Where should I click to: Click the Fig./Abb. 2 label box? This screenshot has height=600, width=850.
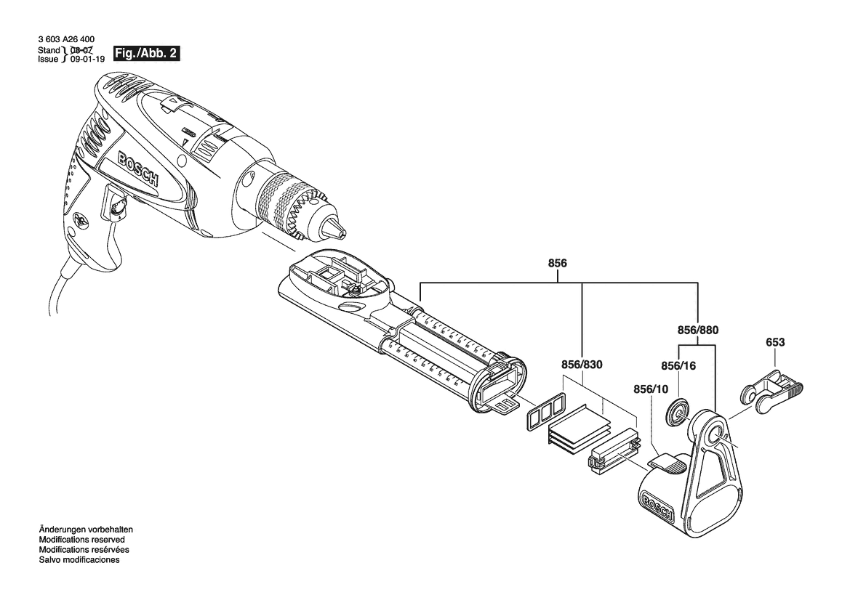[x=145, y=54]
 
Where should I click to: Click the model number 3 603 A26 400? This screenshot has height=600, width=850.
[x=65, y=41]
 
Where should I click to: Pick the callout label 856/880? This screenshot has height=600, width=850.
[x=698, y=329]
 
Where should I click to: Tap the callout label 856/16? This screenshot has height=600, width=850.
[x=678, y=366]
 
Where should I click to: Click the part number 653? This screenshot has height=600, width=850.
[x=775, y=341]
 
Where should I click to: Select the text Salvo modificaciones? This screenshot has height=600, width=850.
[x=79, y=560]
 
